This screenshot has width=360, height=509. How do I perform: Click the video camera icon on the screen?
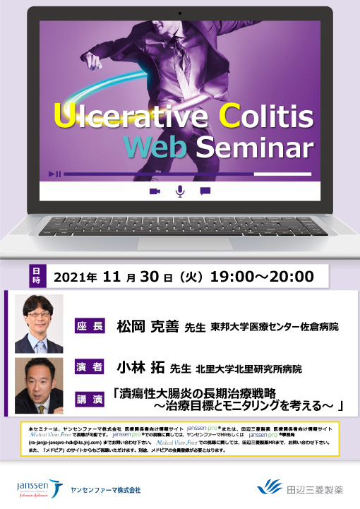pos(155,191)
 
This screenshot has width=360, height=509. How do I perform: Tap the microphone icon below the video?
pos(180,191)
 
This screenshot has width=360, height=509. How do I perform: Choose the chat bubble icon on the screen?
pos(205,191)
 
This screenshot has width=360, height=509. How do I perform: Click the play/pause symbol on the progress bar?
pos(55,174)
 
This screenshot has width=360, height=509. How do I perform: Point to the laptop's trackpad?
pos(179,251)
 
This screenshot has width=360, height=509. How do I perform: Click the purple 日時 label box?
pos(37,276)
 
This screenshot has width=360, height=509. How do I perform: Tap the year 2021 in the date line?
pos(76,277)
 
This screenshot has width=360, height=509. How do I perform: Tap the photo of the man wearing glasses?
pos(40,324)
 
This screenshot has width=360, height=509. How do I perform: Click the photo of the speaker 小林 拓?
pos(40,385)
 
